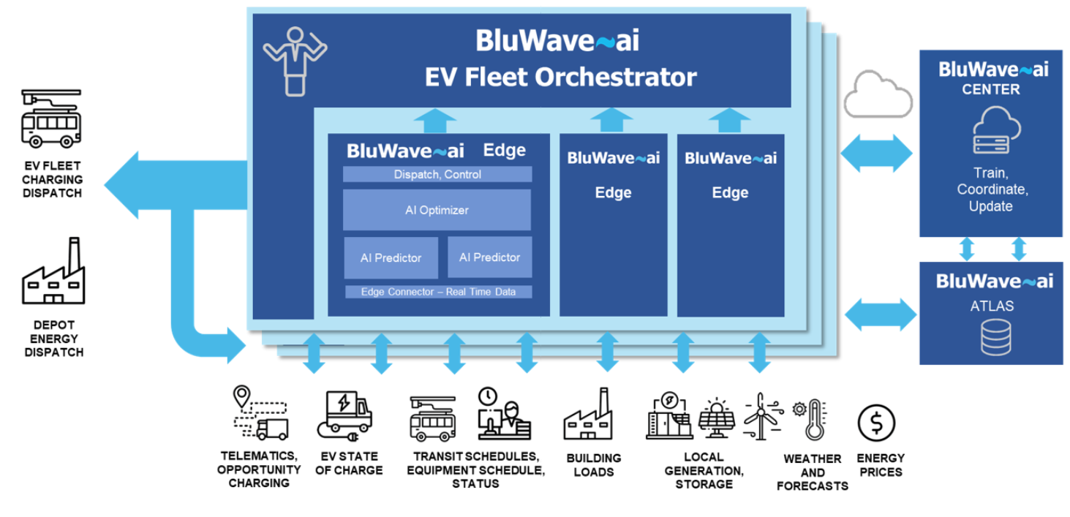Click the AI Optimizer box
pyautogui.click(x=437, y=210)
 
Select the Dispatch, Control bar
pyautogui.click(x=437, y=175)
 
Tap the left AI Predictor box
pyautogui.click(x=391, y=257)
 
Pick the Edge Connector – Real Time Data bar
pyautogui.click(x=437, y=292)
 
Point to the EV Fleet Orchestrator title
pyautogui.click(x=560, y=77)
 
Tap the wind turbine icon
pyautogui.click(x=761, y=416)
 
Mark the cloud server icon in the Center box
pyautogui.click(x=990, y=131)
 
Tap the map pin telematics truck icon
pyautogui.click(x=260, y=414)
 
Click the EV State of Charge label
pyautogui.click(x=349, y=464)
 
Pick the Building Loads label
pyautogui.click(x=593, y=464)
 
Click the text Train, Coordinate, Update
pyautogui.click(x=991, y=189)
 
